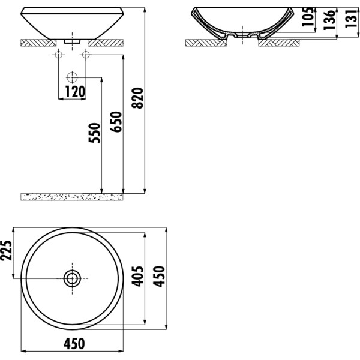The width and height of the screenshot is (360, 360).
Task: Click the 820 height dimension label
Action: point(137,98)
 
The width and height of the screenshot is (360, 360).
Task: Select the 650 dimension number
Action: point(116,122)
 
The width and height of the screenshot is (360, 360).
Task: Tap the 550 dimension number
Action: point(95,133)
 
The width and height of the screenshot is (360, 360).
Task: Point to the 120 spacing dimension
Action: point(75,92)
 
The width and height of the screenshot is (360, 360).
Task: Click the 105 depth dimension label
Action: point(308,17)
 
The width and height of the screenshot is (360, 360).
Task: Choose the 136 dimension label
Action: point(329,20)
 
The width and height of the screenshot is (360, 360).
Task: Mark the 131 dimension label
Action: point(351,19)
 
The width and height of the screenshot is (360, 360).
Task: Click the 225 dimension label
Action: point(6,250)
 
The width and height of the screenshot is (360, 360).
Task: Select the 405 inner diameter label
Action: point(138,277)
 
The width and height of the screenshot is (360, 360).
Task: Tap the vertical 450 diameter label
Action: point(159,277)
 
